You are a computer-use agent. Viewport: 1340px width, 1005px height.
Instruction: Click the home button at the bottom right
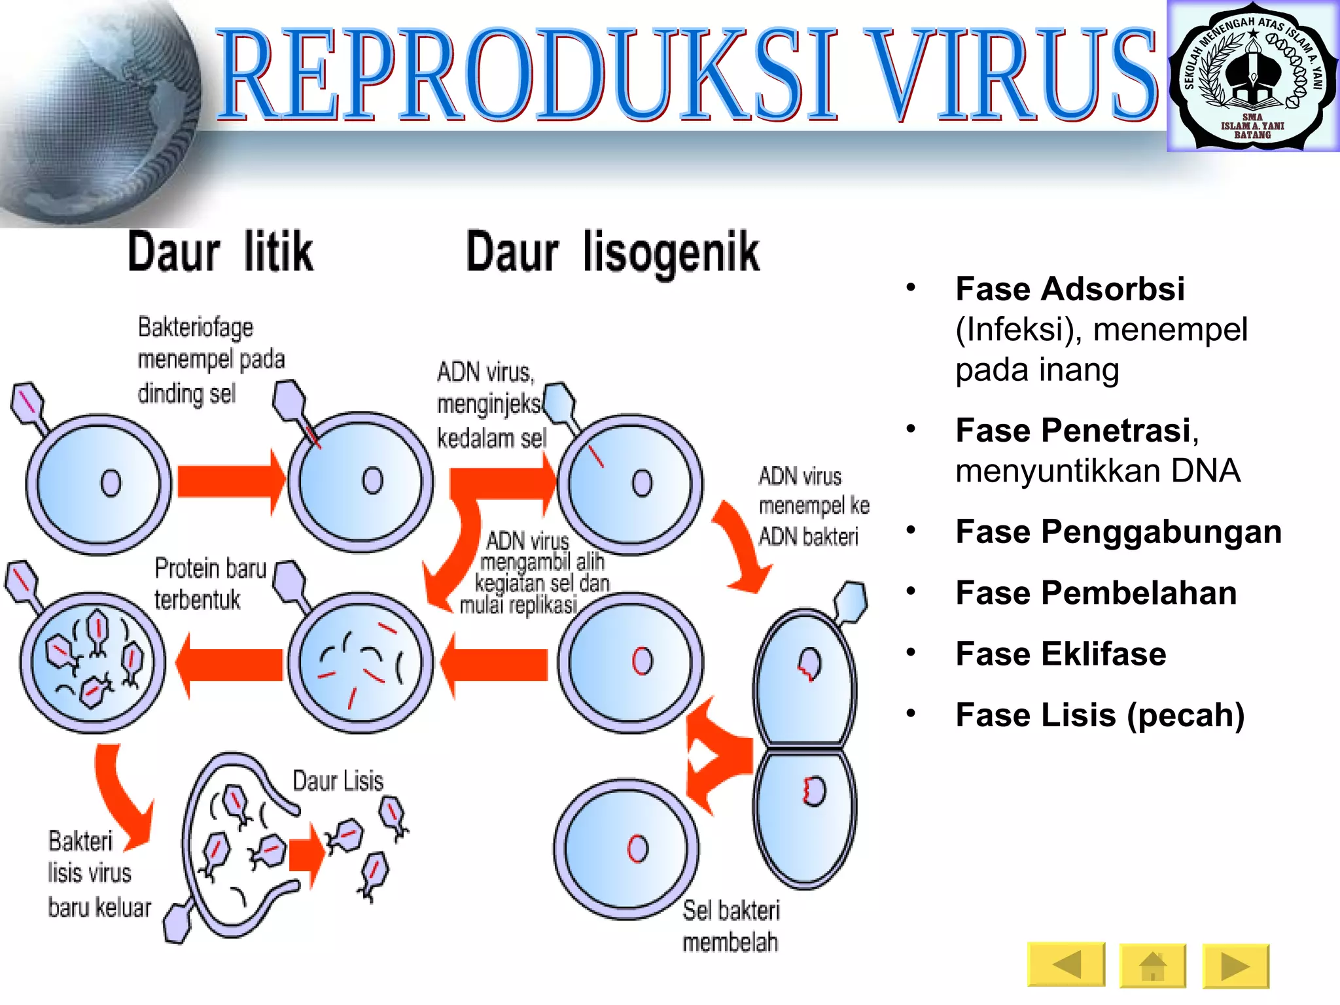1152,965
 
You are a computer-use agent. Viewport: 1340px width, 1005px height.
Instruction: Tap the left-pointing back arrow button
1066,964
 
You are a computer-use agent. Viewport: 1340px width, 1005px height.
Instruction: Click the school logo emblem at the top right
1252,77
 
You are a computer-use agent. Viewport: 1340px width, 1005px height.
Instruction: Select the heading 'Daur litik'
220,252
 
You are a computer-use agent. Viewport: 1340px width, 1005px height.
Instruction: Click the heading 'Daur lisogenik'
612,253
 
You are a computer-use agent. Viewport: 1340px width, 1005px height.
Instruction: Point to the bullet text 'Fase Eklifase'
1060,654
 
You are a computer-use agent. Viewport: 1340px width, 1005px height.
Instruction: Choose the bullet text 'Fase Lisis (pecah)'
1099,714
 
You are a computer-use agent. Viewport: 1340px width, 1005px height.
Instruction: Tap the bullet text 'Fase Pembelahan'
1096,593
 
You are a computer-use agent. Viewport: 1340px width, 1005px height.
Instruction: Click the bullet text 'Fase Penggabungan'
1118,531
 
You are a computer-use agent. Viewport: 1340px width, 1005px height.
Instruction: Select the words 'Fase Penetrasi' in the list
1073,431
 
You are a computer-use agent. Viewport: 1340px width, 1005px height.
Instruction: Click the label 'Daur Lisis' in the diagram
338,781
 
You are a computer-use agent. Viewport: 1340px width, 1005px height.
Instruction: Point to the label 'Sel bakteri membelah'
731,926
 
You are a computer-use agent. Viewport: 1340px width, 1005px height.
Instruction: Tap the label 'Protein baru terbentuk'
210,584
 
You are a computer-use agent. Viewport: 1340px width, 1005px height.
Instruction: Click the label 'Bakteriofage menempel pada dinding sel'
211,360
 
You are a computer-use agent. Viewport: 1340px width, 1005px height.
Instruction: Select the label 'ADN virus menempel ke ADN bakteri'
813,506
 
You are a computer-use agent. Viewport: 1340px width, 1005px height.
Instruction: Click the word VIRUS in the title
1014,75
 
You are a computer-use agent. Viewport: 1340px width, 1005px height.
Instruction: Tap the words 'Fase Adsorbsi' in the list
1070,289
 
